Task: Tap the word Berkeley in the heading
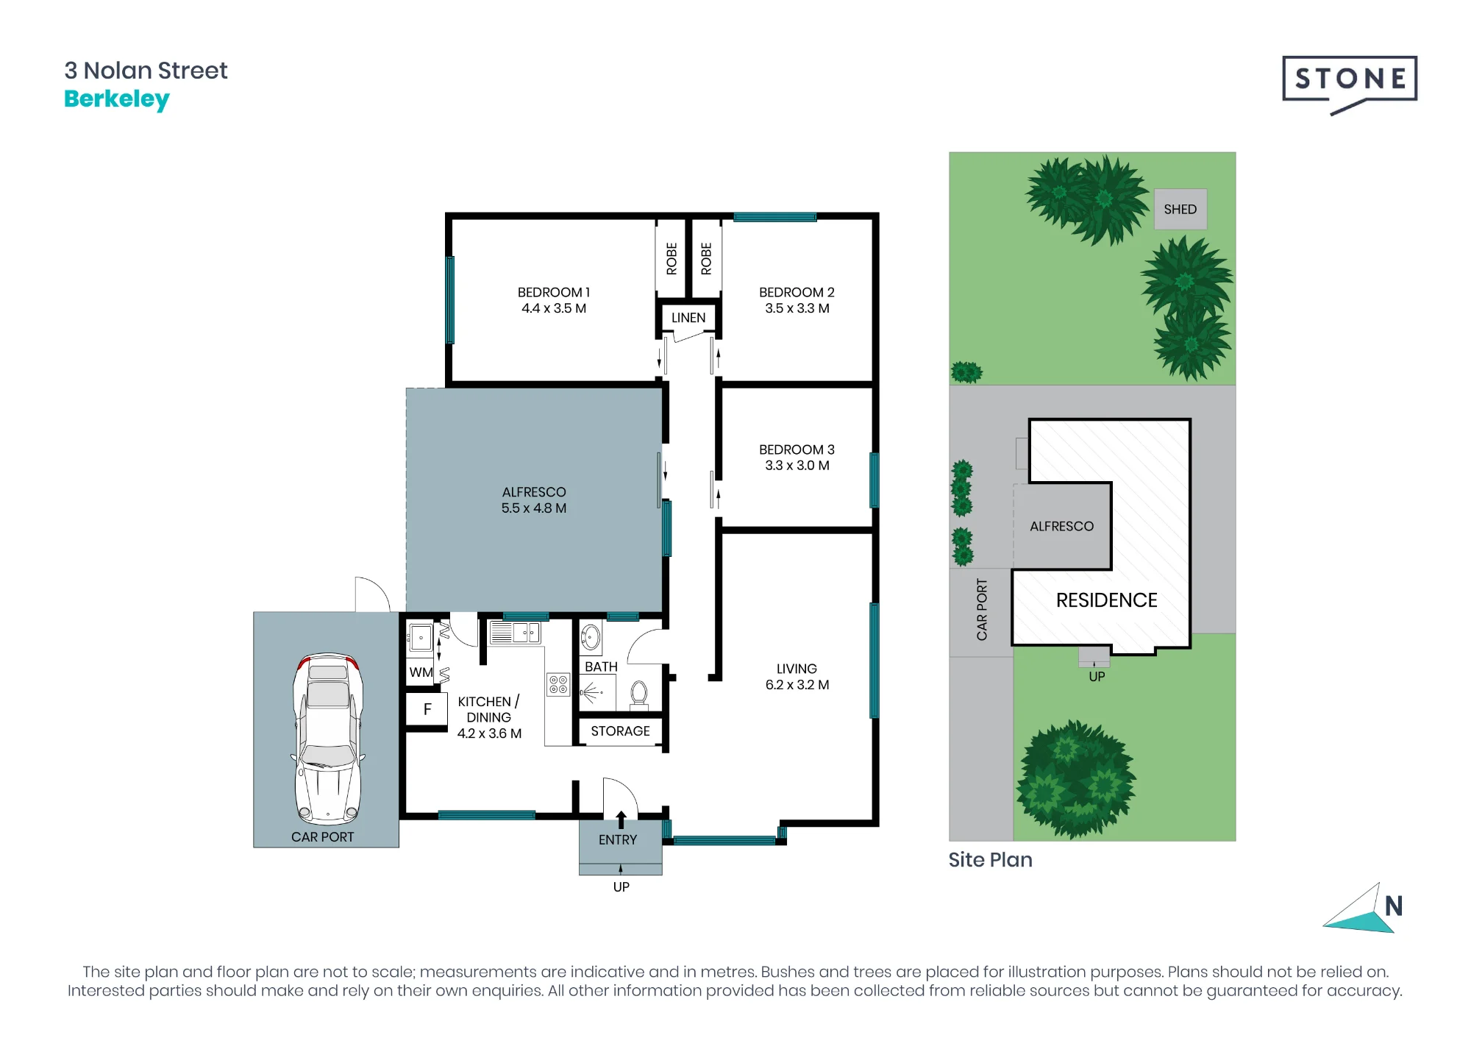pyautogui.click(x=117, y=99)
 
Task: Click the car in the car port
pyautogui.click(x=328, y=738)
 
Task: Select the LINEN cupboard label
pyautogui.click(x=688, y=318)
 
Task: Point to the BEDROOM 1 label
pyautogui.click(x=554, y=292)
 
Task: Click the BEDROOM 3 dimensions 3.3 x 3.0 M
pyautogui.click(x=797, y=466)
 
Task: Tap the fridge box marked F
pyautogui.click(x=427, y=709)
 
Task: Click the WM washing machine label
pyautogui.click(x=421, y=672)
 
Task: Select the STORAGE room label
pyautogui.click(x=620, y=731)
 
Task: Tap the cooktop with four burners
pyautogui.click(x=558, y=685)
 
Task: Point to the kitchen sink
pyautogui.click(x=515, y=633)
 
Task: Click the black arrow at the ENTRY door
pyautogui.click(x=621, y=820)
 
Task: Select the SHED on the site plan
pyautogui.click(x=1180, y=209)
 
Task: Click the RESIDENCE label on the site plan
pyautogui.click(x=1107, y=600)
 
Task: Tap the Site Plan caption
pyautogui.click(x=990, y=860)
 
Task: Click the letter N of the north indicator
pyautogui.click(x=1394, y=906)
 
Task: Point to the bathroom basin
pyautogui.click(x=591, y=638)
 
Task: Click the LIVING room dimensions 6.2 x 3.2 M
pyautogui.click(x=797, y=685)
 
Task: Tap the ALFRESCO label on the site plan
pyautogui.click(x=1061, y=527)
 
